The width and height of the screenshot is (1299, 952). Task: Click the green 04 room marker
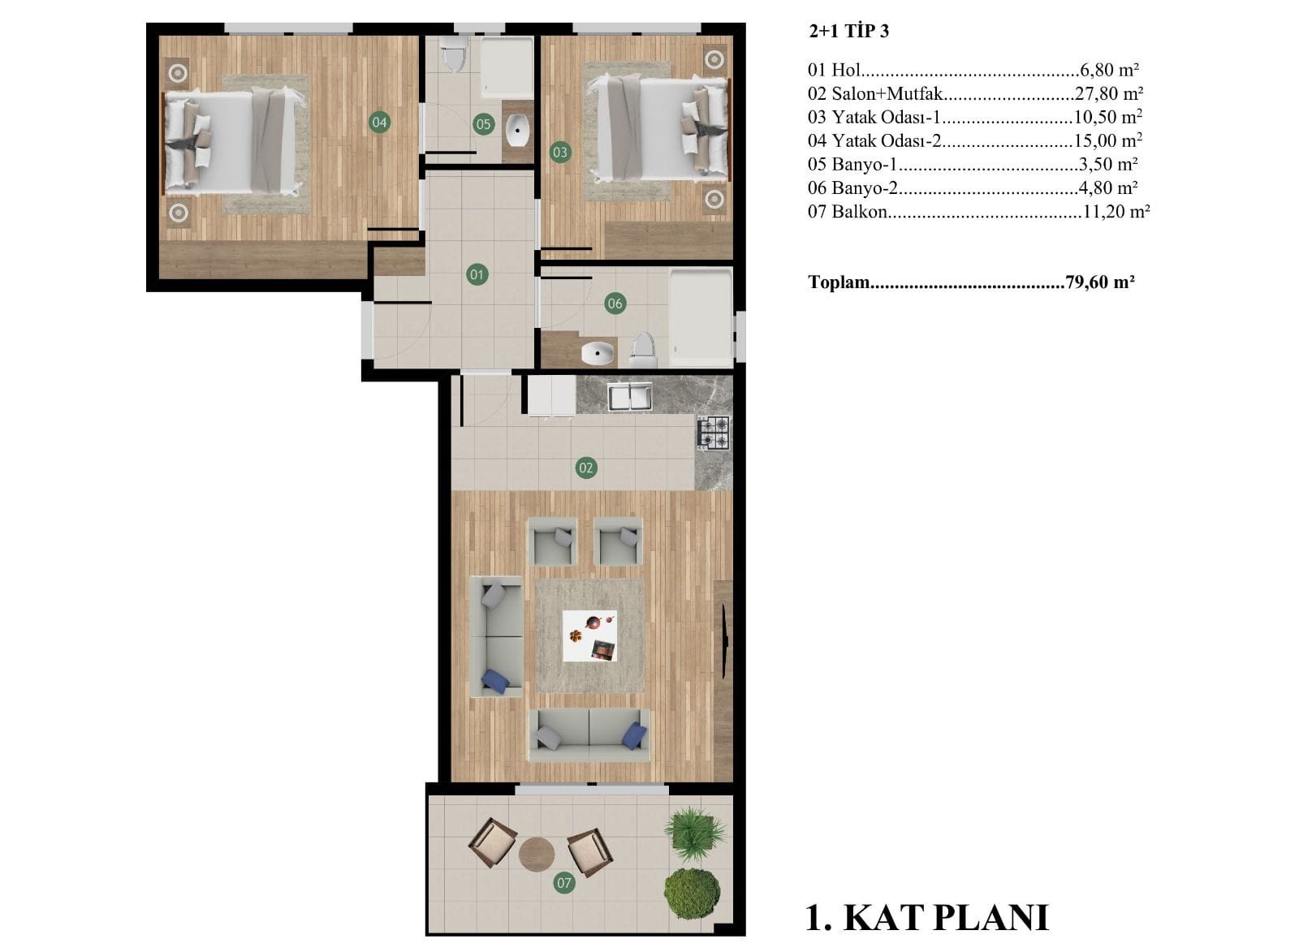379,123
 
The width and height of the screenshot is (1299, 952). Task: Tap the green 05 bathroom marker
483,124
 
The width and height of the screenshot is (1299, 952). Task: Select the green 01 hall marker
477,274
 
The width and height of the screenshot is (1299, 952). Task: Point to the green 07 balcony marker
563,883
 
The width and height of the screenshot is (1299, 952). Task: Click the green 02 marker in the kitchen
585,467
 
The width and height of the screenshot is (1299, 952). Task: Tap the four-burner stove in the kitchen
714,433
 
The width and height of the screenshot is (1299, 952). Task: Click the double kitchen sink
630,397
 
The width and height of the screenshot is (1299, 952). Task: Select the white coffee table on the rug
589,635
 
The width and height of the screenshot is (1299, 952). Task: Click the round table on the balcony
537,854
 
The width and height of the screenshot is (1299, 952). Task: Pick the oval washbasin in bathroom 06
598,353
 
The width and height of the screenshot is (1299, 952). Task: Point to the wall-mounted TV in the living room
725,640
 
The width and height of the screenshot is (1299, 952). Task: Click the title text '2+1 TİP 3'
849,31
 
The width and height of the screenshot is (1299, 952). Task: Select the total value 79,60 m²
1100,282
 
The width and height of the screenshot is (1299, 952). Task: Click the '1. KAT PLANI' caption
927,918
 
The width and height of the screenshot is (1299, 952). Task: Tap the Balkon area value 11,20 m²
1116,211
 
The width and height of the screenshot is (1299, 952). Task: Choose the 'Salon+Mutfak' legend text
887,93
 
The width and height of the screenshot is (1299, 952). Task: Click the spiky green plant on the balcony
694,834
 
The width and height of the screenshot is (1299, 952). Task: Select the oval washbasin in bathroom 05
516,131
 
